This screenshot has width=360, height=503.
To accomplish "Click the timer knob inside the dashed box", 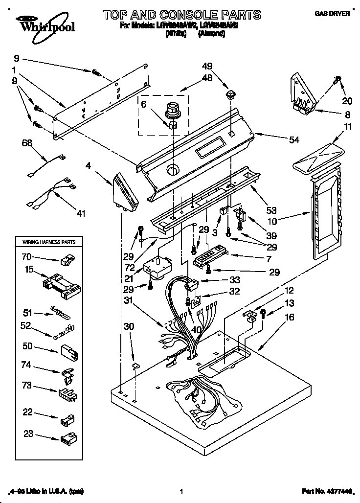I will pyautogui.click(x=173, y=109).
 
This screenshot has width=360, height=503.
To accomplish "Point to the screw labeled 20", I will pyautogui.click(x=337, y=80).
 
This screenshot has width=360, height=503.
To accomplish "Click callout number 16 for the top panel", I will pyautogui.click(x=290, y=318).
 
